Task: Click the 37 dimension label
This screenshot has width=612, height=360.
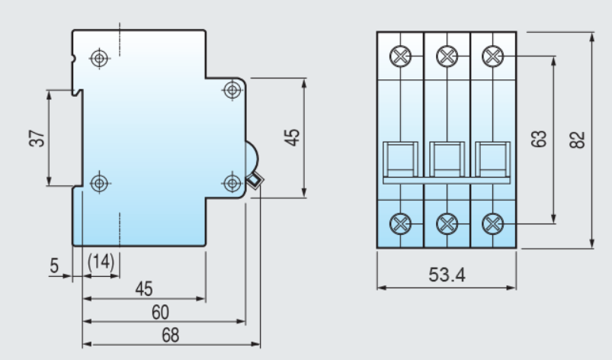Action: [x=37, y=138]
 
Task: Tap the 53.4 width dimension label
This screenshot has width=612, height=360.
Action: [x=447, y=275]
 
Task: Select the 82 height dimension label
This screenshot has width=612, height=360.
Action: [x=578, y=140]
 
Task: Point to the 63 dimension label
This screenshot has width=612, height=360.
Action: [x=539, y=139]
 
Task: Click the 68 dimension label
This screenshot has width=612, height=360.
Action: [x=171, y=335]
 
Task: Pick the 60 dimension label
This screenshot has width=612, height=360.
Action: [x=160, y=313]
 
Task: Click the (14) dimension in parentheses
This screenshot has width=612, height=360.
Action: [x=101, y=262]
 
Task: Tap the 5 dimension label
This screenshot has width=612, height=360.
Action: [x=54, y=266]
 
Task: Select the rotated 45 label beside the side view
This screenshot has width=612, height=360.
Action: [x=293, y=137]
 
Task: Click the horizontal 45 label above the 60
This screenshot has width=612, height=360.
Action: [x=144, y=289]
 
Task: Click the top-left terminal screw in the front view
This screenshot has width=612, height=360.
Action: [x=400, y=56]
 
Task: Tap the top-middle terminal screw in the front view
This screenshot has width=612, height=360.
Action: [x=447, y=56]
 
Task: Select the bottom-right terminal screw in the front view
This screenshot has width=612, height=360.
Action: [x=493, y=224]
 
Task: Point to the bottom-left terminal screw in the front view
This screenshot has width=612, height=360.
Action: [x=400, y=224]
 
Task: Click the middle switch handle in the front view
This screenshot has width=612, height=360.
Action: [x=447, y=159]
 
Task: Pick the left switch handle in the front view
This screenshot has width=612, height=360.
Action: [x=400, y=159]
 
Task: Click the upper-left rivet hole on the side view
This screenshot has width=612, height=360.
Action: [x=100, y=59]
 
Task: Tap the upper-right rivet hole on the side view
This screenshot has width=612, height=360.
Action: [x=232, y=90]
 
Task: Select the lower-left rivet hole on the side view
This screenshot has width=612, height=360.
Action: [x=100, y=183]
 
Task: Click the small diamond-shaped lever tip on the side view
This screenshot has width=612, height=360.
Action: [x=255, y=181]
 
